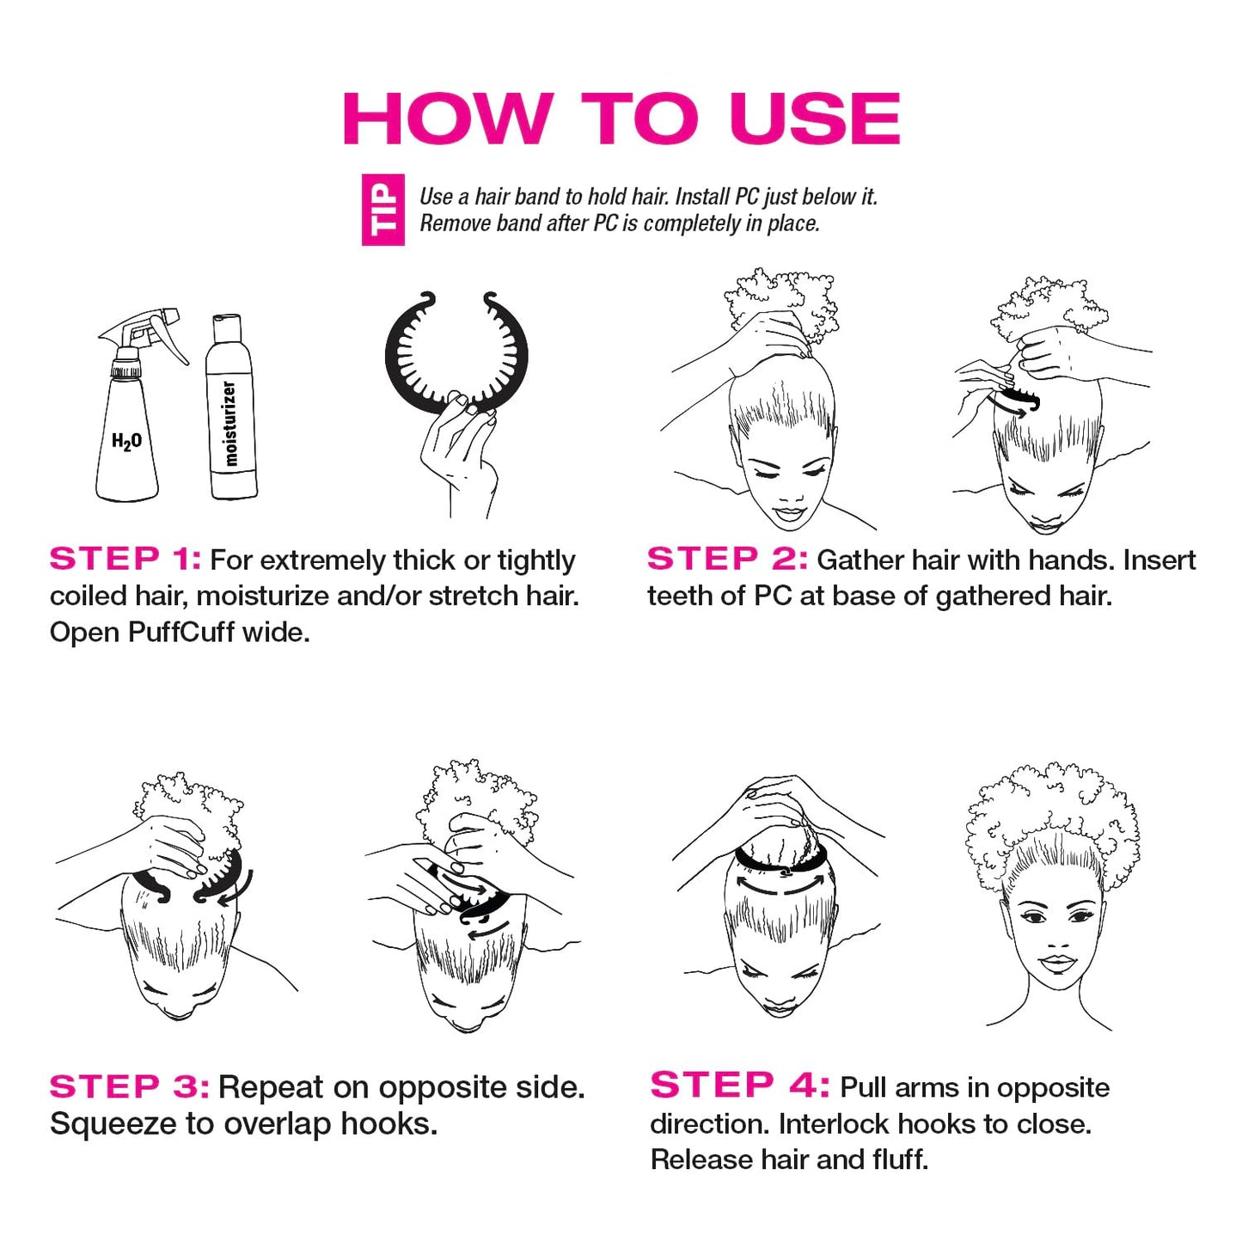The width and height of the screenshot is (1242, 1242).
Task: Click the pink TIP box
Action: pyautogui.click(x=382, y=211)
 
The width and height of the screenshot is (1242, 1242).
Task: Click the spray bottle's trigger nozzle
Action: pyautogui.click(x=146, y=331)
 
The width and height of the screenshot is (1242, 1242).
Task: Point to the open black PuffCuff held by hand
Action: pyautogui.click(x=456, y=352)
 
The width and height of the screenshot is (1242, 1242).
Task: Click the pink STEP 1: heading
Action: pyautogui.click(x=125, y=560)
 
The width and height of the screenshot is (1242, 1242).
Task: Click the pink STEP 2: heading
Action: pyautogui.click(x=727, y=560)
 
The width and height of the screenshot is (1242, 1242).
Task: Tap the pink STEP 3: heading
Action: pyautogui.click(x=129, y=1086)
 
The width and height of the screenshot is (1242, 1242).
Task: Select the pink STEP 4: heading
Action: pyautogui.click(x=739, y=1086)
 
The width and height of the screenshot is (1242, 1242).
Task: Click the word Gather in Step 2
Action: pyautogui.click(x=860, y=560)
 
